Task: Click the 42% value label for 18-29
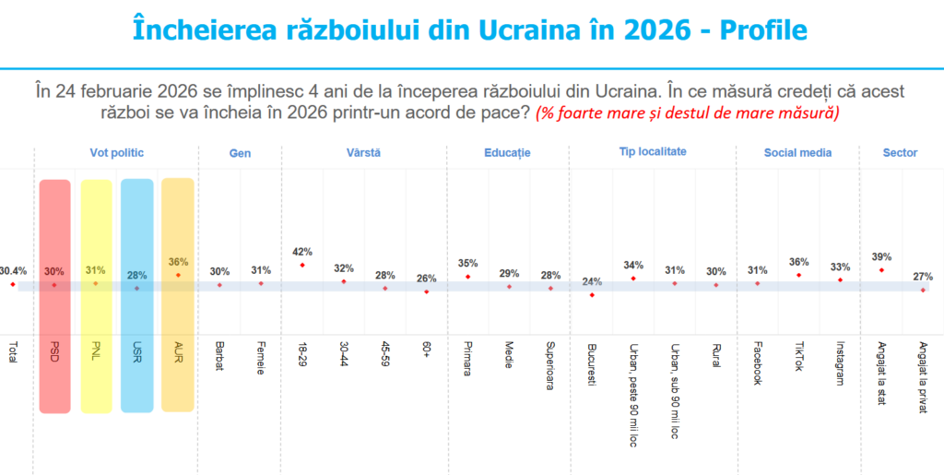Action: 302,251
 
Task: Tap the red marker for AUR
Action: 178,275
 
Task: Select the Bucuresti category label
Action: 592,365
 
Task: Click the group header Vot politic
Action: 116,153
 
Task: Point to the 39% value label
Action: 882,256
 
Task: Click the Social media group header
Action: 798,153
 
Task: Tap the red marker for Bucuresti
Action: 592,294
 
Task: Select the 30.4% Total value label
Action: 13,271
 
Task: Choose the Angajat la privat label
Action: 924,377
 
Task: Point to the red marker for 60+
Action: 426,291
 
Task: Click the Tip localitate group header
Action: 653,152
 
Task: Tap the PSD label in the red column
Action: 54,354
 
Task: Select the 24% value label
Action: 592,281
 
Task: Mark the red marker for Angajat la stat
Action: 882,269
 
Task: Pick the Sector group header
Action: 900,153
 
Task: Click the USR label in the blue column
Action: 136,354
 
